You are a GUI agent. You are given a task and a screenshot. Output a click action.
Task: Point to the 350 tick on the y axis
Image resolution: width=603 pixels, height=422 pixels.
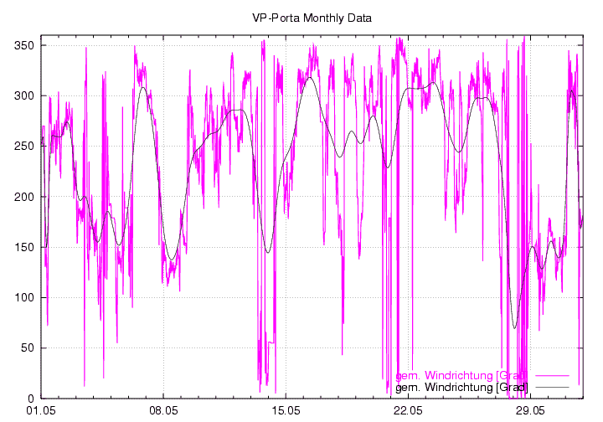point(22,45)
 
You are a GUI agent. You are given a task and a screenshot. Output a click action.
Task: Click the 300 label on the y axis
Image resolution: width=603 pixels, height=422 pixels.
point(22,95)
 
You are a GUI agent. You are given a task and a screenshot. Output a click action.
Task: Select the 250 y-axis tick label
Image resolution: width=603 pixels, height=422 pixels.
point(22,146)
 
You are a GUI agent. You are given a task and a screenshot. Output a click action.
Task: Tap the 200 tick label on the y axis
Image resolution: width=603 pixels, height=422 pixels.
point(22,197)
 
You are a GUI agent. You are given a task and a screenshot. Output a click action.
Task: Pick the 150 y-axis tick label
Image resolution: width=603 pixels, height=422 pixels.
point(22,247)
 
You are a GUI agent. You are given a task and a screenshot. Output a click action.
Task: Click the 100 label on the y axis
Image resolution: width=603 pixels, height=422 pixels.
point(22,297)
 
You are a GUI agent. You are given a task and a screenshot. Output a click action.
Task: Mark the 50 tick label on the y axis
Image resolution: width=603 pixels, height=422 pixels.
point(25,347)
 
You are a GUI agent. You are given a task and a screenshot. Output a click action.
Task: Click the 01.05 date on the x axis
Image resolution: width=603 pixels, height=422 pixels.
point(41,411)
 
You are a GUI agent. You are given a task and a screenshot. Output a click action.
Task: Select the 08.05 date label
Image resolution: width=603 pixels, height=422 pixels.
point(163,411)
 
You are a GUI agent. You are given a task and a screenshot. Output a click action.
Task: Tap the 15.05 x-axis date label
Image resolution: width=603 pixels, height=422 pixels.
point(286,411)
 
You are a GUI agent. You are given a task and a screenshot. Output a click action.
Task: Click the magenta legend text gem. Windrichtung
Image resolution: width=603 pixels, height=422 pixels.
point(461,374)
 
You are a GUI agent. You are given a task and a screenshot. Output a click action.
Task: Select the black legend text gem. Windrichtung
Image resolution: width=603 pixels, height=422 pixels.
point(461,387)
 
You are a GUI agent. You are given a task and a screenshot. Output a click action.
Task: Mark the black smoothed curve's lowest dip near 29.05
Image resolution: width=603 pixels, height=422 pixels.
point(515,327)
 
